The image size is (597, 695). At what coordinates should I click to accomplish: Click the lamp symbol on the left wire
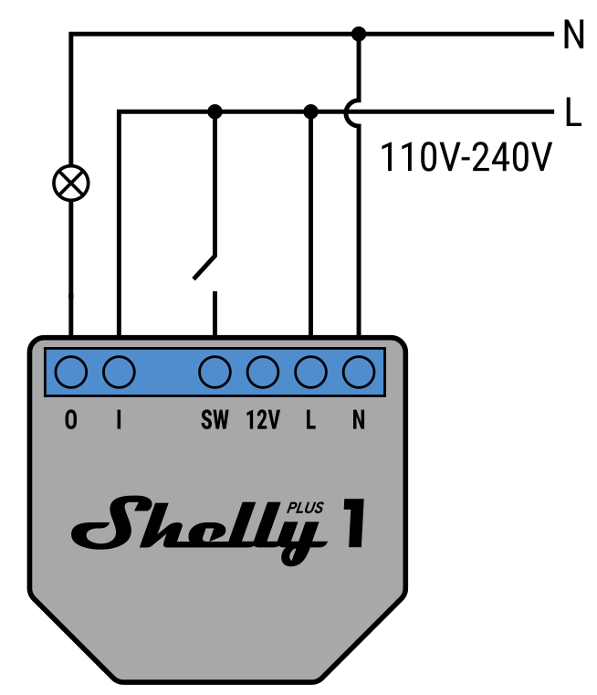pyautogui.click(x=71, y=183)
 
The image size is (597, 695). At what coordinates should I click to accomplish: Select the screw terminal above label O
pyautogui.click(x=71, y=372)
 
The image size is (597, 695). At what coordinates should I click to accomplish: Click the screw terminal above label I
pyautogui.click(x=119, y=372)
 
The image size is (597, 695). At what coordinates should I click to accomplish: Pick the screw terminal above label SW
pyautogui.click(x=215, y=372)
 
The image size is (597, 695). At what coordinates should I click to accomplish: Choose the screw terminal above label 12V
pyautogui.click(x=263, y=372)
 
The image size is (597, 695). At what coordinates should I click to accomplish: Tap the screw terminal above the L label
pyautogui.click(x=311, y=372)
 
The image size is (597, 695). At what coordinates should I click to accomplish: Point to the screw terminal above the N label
pyautogui.click(x=359, y=372)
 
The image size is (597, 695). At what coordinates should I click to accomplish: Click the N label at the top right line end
pyautogui.click(x=572, y=36)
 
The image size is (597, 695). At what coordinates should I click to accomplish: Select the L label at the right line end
pyautogui.click(x=572, y=112)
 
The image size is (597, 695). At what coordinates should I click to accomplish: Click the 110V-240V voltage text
pyautogui.click(x=466, y=157)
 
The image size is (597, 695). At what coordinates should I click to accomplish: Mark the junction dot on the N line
pyautogui.click(x=359, y=35)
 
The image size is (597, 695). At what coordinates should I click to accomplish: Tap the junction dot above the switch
pyautogui.click(x=215, y=111)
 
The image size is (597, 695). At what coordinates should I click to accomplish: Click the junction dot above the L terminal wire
pyautogui.click(x=311, y=111)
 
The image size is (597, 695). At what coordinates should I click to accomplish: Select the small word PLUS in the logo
pyautogui.click(x=305, y=508)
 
